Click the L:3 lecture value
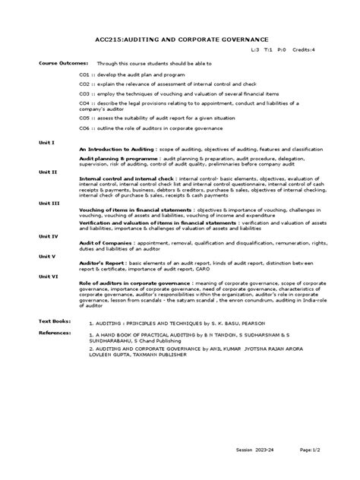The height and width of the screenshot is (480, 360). pyautogui.click(x=254, y=49)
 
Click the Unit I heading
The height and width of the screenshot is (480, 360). pyautogui.click(x=46, y=143)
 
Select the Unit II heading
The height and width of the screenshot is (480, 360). pyautogui.click(x=48, y=172)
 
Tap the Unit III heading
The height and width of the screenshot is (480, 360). pyautogui.click(x=49, y=203)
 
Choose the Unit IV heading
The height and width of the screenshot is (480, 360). pyautogui.click(x=49, y=236)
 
